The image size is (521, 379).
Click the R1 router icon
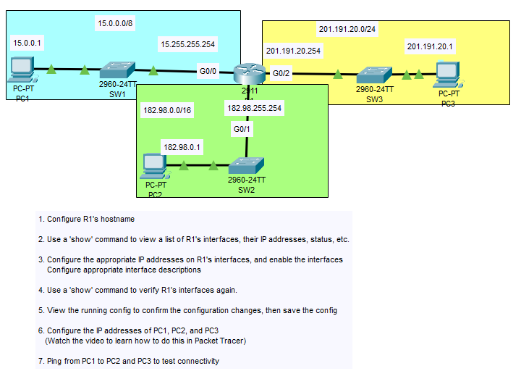[250, 73]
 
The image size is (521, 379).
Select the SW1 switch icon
[117, 70]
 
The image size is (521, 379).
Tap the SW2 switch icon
[246, 166]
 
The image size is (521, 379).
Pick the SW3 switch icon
[374, 75]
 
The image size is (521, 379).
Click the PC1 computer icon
[22, 70]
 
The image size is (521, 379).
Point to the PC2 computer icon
[155, 166]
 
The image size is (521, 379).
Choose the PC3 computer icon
[449, 75]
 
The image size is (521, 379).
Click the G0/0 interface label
[208, 71]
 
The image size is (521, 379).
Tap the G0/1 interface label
[242, 129]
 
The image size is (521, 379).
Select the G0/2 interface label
[281, 73]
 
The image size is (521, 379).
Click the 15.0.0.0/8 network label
[115, 23]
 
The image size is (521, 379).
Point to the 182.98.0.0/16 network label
[167, 110]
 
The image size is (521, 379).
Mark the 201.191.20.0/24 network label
[347, 29]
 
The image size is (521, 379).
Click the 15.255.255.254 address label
[187, 44]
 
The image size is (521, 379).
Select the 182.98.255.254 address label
[254, 108]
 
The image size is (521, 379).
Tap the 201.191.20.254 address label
[293, 51]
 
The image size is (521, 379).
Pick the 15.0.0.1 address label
[27, 43]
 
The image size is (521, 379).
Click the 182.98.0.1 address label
[182, 147]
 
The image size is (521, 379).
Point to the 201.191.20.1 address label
[430, 46]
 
